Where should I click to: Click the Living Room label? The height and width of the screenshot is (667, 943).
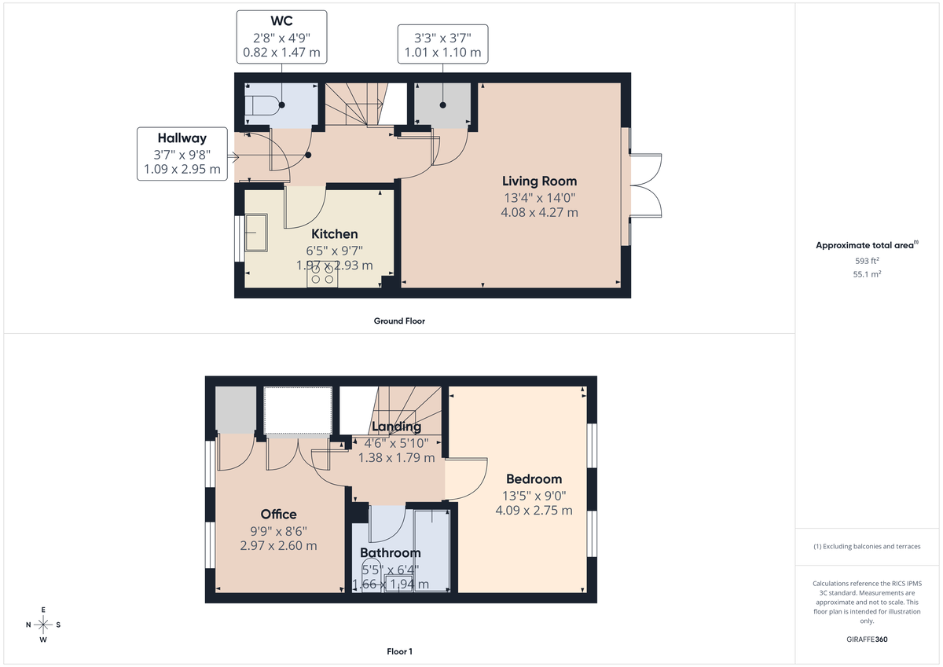[539, 181]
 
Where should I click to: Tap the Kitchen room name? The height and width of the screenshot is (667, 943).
[334, 234]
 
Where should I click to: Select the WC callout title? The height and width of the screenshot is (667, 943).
[282, 21]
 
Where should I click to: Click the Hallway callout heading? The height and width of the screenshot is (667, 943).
[181, 138]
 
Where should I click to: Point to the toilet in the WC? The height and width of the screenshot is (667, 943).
[262, 105]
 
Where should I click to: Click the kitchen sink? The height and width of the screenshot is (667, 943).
[257, 233]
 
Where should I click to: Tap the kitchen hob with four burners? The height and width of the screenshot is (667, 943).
[321, 274]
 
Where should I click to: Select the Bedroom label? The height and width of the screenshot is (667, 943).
[534, 479]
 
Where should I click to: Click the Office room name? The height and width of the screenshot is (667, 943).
[279, 515]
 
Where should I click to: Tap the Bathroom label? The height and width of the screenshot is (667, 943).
[391, 553]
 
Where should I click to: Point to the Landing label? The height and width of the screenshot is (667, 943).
[396, 427]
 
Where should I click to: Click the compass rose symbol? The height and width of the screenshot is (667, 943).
[43, 625]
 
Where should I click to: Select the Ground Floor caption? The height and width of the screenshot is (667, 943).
[399, 321]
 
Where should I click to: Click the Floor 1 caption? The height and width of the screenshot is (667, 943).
[399, 651]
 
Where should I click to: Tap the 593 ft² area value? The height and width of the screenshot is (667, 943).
[866, 260]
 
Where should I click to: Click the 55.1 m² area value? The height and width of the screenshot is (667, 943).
[866, 274]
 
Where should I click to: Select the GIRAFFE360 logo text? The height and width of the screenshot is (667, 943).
[867, 640]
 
